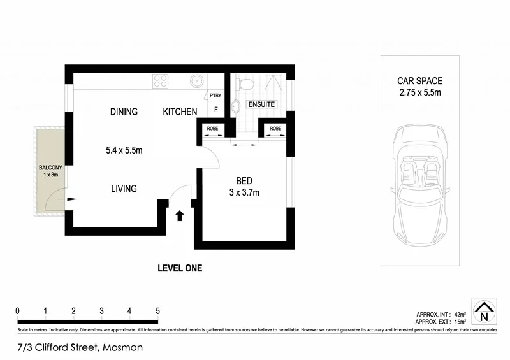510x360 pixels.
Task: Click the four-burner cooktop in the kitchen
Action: tap(160, 81)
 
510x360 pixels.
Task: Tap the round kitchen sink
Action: tap(197, 81)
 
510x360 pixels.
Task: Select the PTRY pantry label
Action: tap(215, 96)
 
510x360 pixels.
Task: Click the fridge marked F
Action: tap(216, 110)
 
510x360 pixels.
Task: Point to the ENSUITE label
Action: tap(262, 104)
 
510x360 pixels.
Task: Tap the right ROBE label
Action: tap(275, 129)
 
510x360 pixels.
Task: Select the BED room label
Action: tap(244, 180)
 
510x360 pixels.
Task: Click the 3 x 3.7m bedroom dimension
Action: tap(244, 192)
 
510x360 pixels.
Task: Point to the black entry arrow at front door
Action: tap(179, 215)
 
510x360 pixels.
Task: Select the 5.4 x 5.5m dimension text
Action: tap(124, 151)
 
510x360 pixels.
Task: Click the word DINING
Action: tap(124, 112)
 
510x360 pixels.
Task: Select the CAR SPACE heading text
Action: tap(420, 81)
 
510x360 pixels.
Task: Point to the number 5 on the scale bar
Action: tap(157, 311)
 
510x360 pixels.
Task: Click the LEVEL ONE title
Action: tap(180, 268)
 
